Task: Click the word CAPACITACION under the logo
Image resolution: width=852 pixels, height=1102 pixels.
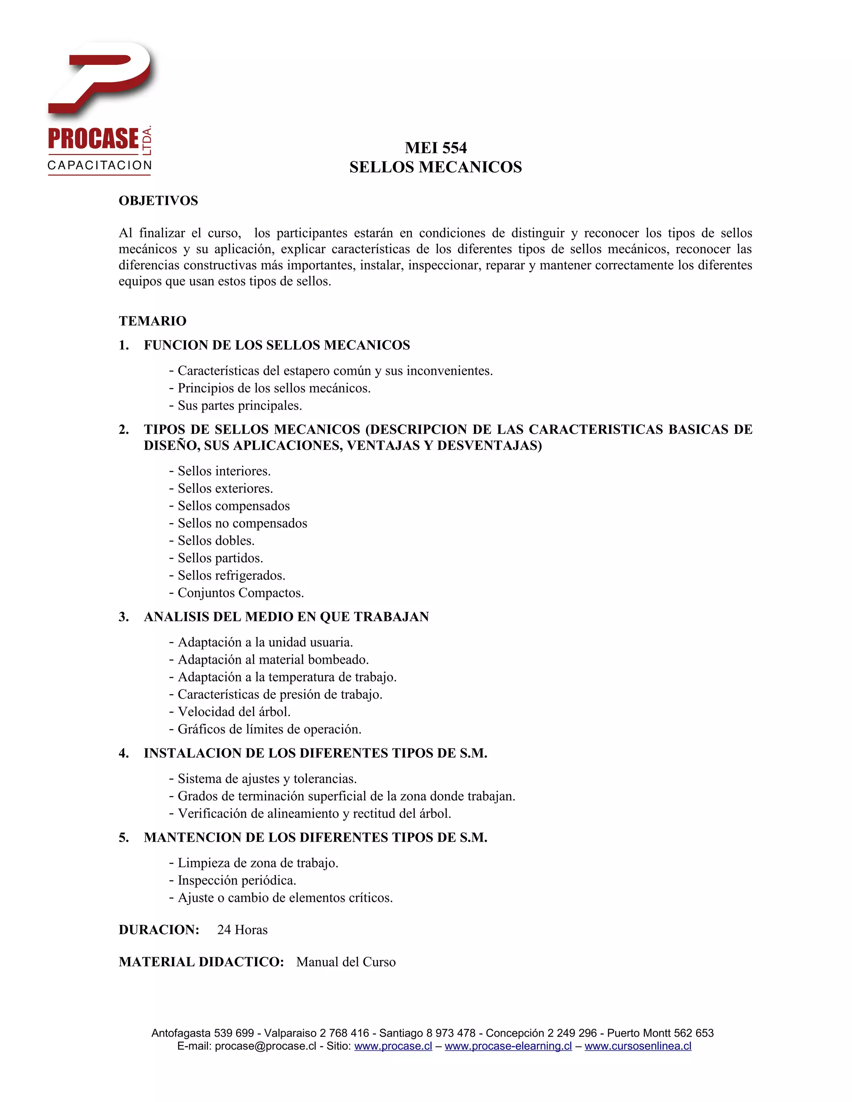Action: (99, 166)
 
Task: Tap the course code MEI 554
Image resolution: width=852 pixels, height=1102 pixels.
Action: (436, 148)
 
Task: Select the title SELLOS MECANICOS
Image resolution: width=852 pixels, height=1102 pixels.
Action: (436, 167)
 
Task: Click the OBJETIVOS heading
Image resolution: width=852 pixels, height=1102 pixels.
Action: (158, 201)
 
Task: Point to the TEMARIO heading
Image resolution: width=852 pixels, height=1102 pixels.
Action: (152, 321)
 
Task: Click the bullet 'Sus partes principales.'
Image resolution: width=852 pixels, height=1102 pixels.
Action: (239, 406)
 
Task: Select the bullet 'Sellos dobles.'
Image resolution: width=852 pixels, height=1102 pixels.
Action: (215, 541)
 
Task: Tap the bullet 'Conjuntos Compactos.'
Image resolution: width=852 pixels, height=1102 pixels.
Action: (240, 593)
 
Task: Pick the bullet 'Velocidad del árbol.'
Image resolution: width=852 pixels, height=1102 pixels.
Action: (234, 712)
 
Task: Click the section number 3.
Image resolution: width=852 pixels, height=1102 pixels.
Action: (123, 617)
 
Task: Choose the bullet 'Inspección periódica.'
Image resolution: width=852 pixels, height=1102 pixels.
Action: (236, 880)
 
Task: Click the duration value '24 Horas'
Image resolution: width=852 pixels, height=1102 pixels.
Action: (242, 930)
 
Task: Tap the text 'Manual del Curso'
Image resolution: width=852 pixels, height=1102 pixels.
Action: (346, 962)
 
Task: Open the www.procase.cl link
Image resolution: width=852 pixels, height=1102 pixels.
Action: (393, 1046)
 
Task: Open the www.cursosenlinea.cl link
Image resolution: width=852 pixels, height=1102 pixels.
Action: (638, 1046)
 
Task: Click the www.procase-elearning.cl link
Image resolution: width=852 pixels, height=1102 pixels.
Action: (508, 1046)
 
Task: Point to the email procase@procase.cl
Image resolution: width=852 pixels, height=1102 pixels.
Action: (265, 1046)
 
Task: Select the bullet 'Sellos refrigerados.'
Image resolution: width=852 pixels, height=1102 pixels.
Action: (231, 576)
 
